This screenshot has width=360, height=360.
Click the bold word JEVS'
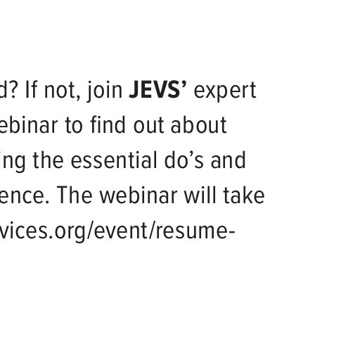point(157,90)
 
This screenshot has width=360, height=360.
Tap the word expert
point(225,91)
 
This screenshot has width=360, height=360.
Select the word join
point(105,91)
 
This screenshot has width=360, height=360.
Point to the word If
point(31,90)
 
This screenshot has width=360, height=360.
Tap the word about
point(198,125)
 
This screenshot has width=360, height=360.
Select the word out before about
point(148,127)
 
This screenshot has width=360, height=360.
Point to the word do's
point(184,160)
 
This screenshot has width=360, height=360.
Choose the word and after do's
point(228,160)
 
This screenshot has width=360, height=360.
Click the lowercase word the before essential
point(49,160)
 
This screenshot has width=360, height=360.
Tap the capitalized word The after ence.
point(75,195)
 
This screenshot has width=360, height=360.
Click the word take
point(244,195)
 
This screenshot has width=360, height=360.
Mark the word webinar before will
point(139,195)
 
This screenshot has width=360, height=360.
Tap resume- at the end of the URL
point(195,231)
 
